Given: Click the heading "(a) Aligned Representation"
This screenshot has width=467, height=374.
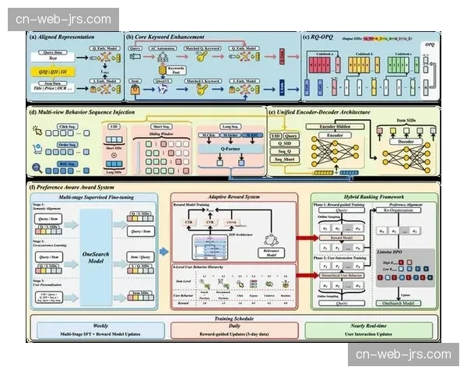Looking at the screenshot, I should click(x=62, y=37).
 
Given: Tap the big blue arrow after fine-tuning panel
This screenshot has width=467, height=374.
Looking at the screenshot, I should click(x=163, y=252).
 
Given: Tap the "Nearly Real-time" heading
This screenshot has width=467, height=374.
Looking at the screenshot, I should click(x=369, y=326).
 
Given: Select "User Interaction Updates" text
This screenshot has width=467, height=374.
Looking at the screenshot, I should click(x=369, y=334).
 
